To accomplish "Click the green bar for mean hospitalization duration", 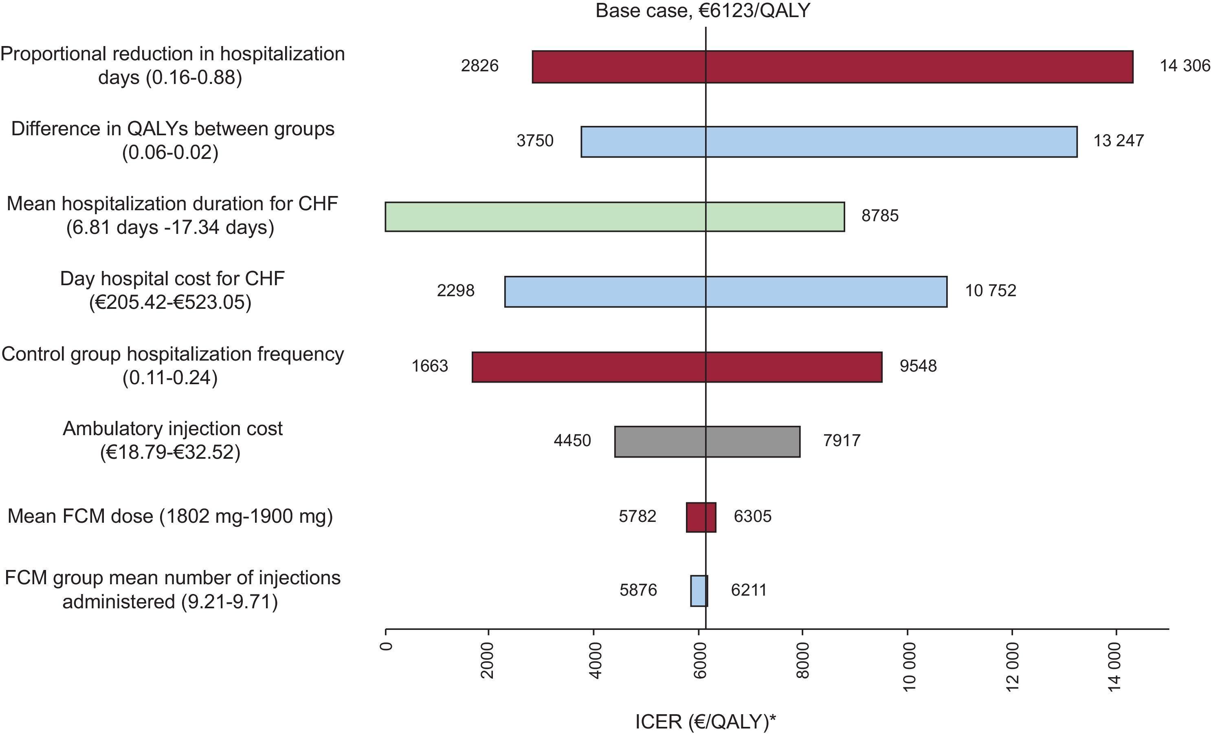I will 614,216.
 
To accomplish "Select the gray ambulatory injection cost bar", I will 707,442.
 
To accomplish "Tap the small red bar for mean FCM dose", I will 701,517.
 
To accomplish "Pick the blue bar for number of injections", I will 699,591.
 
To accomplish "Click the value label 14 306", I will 1185,66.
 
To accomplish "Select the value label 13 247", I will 1118,141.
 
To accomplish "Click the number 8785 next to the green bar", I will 880,216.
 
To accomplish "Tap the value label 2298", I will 455,290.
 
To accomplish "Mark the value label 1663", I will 430,366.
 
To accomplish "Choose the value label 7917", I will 842,440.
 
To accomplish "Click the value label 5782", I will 637,516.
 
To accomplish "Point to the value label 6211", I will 749,590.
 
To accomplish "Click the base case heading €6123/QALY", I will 702,11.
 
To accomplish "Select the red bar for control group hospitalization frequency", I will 677,367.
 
